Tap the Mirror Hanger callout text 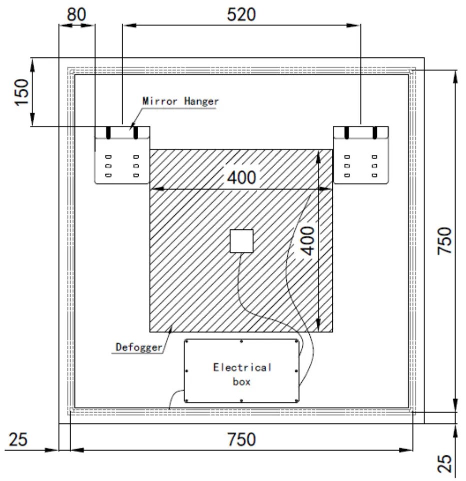[181, 101]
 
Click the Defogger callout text [139, 346]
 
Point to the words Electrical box [242, 374]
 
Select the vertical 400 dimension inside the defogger [309, 240]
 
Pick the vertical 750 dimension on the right [444, 240]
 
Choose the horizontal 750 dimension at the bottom [241, 439]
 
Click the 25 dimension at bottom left [18, 439]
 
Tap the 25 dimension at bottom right [444, 462]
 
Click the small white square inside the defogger [241, 241]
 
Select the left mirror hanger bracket [122, 155]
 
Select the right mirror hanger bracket [361, 155]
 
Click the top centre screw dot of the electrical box [241, 342]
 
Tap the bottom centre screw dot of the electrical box [241, 400]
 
